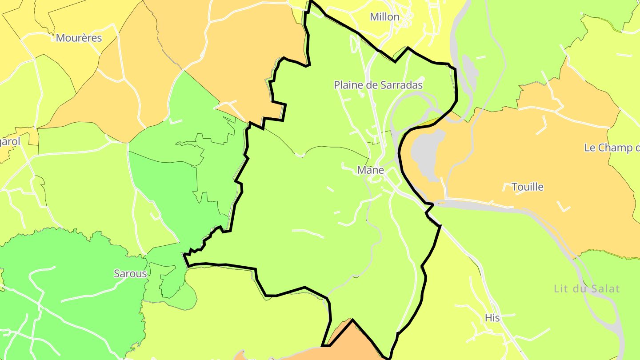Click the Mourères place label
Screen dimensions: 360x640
pyautogui.click(x=79, y=38)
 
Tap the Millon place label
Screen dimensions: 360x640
pyautogui.click(x=384, y=17)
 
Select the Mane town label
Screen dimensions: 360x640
pyautogui.click(x=371, y=170)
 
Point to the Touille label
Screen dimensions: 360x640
pyautogui.click(x=528, y=187)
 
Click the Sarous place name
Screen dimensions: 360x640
pyautogui.click(x=130, y=274)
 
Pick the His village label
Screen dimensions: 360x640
pyautogui.click(x=492, y=318)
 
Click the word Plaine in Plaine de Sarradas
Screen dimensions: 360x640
pyautogui.click(x=348, y=85)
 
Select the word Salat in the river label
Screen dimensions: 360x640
pyautogui.click(x=605, y=289)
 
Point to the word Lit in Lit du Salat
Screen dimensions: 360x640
pyautogui.click(x=561, y=289)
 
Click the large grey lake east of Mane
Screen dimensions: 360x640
pyautogui.click(x=427, y=151)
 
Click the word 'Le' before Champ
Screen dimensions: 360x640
pyautogui.click(x=590, y=148)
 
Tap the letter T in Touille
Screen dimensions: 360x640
pyautogui.click(x=515, y=187)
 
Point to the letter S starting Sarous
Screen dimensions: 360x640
pyautogui.click(x=117, y=274)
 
